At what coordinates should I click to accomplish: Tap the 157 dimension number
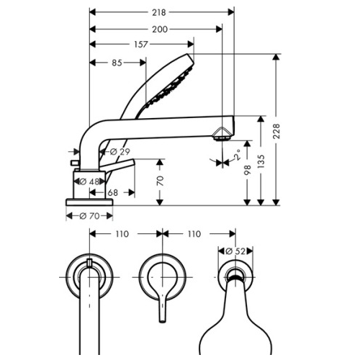(x=142, y=45)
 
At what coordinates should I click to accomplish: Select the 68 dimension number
(x=113, y=192)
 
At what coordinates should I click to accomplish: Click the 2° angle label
(x=237, y=154)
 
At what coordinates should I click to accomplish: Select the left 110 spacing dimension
(x=124, y=234)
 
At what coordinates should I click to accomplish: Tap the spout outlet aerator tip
(x=223, y=133)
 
